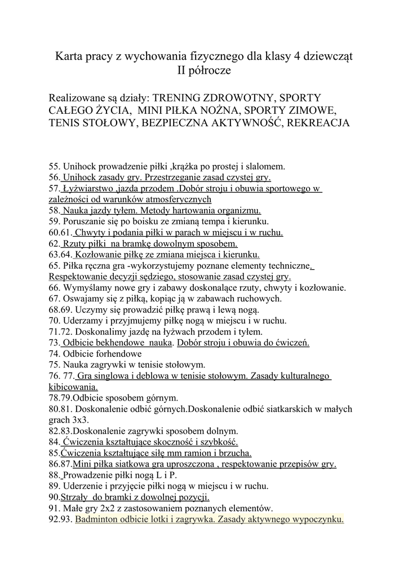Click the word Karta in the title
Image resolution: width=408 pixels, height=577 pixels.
68,57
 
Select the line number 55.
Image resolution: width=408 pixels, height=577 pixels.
54,166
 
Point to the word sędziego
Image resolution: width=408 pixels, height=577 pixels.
161,277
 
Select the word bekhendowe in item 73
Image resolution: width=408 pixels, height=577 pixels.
116,343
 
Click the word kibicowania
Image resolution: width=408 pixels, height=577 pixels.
73,387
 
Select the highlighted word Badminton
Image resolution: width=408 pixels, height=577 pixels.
97,519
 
